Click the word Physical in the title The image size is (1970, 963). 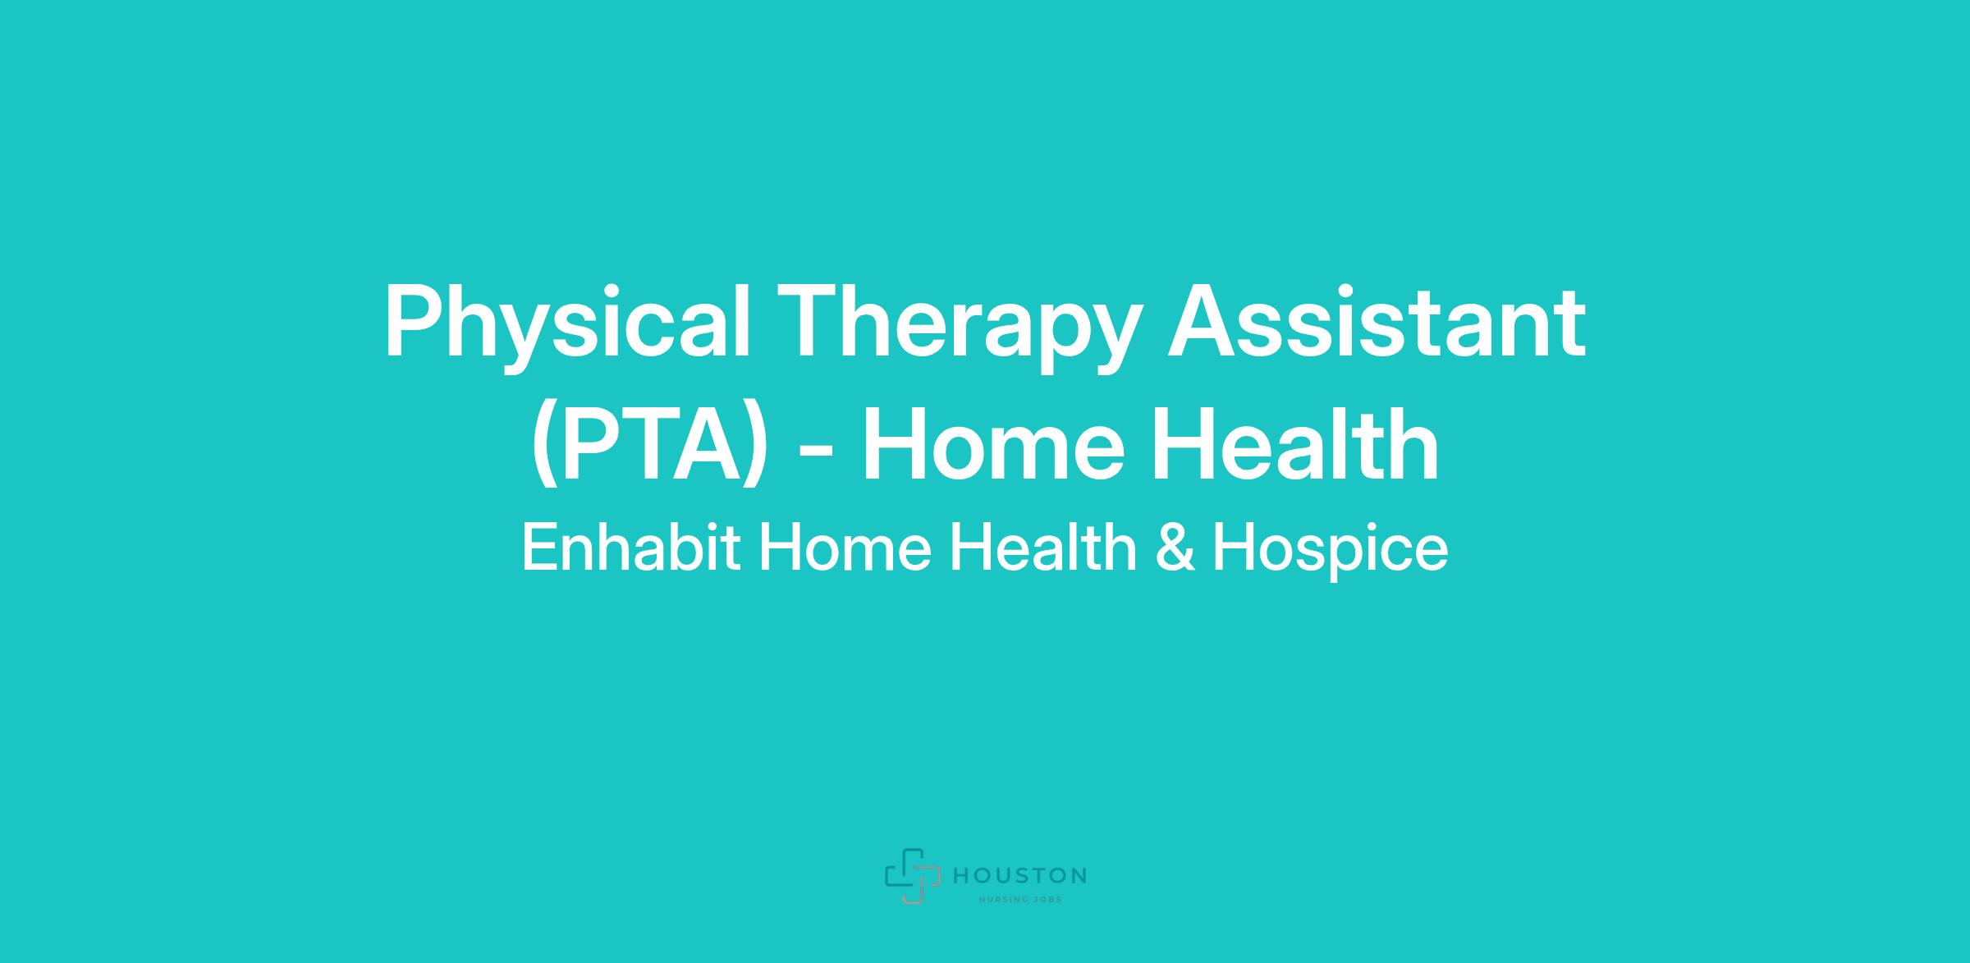click(x=567, y=326)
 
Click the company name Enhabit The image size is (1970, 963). click(x=630, y=548)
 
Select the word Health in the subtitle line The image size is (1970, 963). click(x=1042, y=548)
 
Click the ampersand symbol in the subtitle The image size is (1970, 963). click(x=1175, y=548)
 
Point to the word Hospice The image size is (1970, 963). click(x=1330, y=552)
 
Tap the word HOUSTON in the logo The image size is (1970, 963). click(x=1020, y=876)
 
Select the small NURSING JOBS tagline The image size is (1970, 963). click(x=1020, y=899)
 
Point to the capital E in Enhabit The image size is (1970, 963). click(x=538, y=548)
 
